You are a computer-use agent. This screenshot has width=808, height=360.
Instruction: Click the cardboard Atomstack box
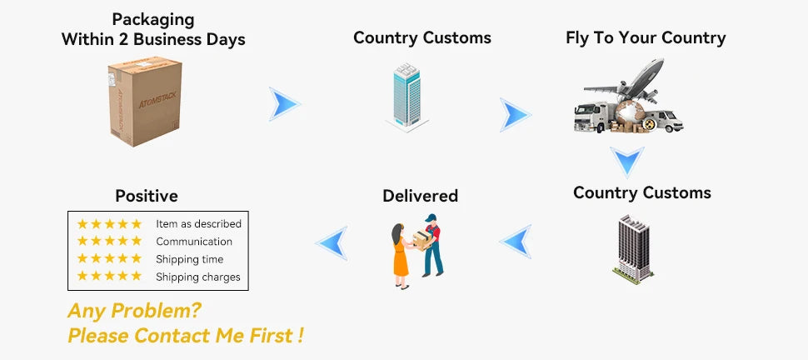144,102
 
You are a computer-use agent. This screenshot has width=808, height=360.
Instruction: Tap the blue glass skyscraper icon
406,96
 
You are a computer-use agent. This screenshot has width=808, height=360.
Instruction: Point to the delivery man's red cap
430,218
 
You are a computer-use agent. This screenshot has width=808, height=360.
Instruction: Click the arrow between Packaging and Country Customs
284,104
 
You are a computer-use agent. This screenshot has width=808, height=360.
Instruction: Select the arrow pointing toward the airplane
515,114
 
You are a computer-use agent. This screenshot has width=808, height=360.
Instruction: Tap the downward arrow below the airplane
626,161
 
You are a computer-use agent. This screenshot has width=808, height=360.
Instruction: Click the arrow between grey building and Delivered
516,241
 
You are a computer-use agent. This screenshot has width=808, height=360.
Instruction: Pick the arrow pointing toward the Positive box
332,242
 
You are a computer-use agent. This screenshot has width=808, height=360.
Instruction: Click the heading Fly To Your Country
646,37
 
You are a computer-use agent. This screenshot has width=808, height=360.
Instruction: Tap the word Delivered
420,196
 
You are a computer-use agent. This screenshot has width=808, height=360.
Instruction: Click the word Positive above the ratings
147,197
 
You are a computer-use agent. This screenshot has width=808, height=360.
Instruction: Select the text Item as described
198,224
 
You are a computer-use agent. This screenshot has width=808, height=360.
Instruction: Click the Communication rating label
194,242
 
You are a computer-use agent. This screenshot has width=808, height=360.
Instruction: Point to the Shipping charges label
197,277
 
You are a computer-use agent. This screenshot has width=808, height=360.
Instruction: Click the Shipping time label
189,259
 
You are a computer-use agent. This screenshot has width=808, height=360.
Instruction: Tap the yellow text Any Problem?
134,311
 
